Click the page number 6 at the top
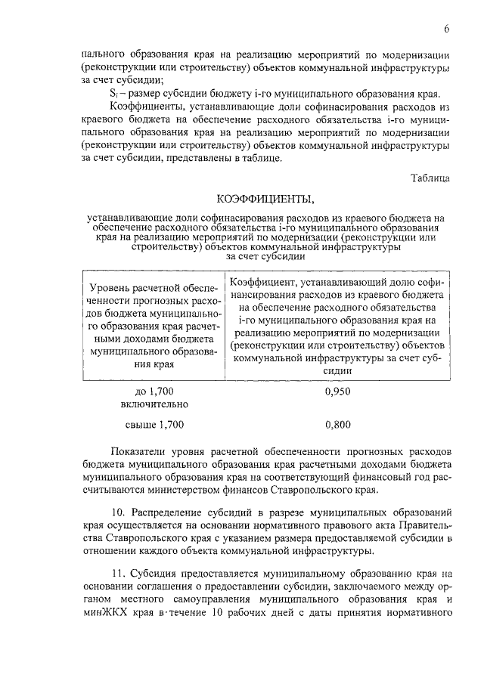click(x=447, y=29)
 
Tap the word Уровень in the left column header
click(x=110, y=288)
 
